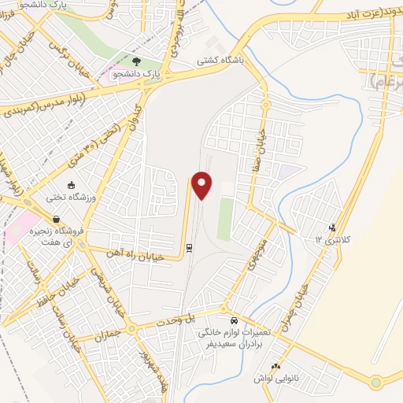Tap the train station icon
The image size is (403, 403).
189,248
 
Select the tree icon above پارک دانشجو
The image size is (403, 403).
137,62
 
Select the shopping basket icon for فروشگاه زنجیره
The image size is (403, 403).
56,220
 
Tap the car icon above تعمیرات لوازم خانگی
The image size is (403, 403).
234,321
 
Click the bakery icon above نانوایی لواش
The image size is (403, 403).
275,365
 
